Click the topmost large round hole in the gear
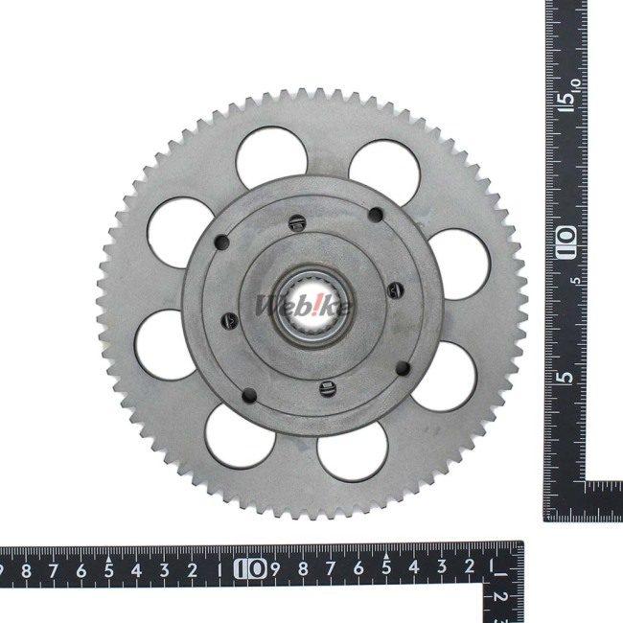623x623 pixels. [x=272, y=158]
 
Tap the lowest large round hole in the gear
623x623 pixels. [x=353, y=451]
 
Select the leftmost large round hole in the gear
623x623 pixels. [x=165, y=344]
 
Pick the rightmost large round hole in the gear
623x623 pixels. [x=460, y=265]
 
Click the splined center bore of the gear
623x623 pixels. [x=312, y=307]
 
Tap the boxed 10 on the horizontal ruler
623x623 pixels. [x=250, y=569]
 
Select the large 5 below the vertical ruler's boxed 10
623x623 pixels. [x=565, y=377]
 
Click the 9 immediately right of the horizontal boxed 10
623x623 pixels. [x=275, y=569]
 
